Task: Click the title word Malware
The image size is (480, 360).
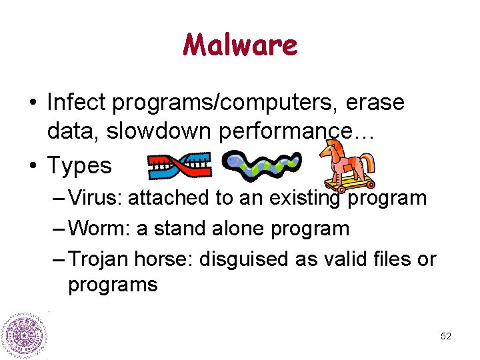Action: pos(240,45)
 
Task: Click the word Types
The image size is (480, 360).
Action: pos(79,165)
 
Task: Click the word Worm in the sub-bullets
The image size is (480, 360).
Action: pos(98,228)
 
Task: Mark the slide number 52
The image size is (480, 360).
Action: pos(446,336)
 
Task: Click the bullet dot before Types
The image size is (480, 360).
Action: pos(32,165)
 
